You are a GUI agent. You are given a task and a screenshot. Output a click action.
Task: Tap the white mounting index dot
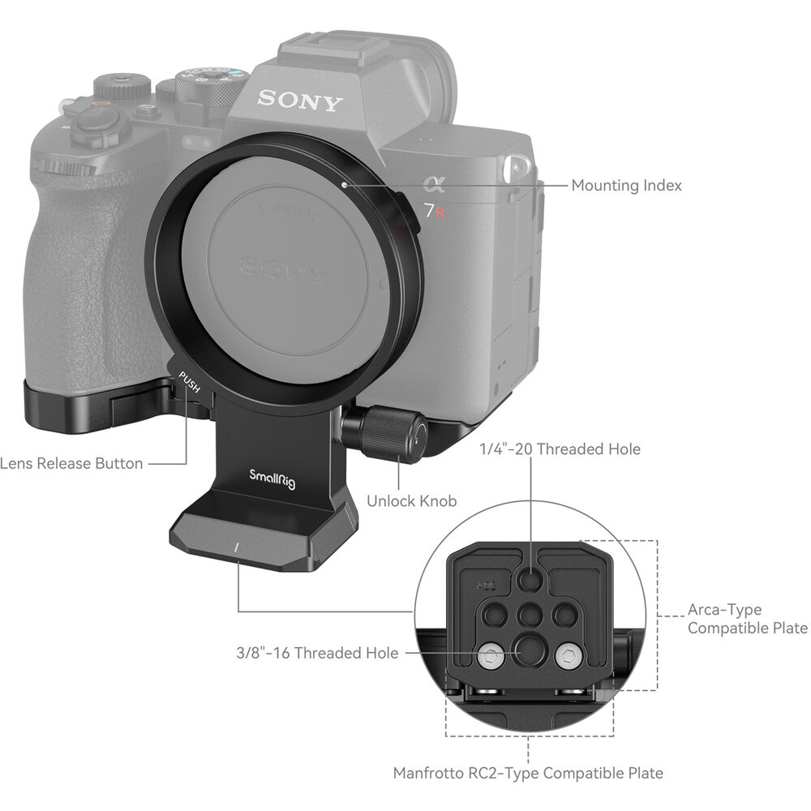345,185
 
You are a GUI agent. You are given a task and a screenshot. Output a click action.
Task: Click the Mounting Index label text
626,186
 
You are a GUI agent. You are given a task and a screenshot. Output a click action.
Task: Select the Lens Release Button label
71,464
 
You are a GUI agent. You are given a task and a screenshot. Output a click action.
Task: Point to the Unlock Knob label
411,500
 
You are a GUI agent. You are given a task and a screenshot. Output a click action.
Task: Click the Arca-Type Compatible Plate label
747,619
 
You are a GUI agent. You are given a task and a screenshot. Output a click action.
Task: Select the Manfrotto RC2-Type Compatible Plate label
528,773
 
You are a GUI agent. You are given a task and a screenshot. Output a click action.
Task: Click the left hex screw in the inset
490,654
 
